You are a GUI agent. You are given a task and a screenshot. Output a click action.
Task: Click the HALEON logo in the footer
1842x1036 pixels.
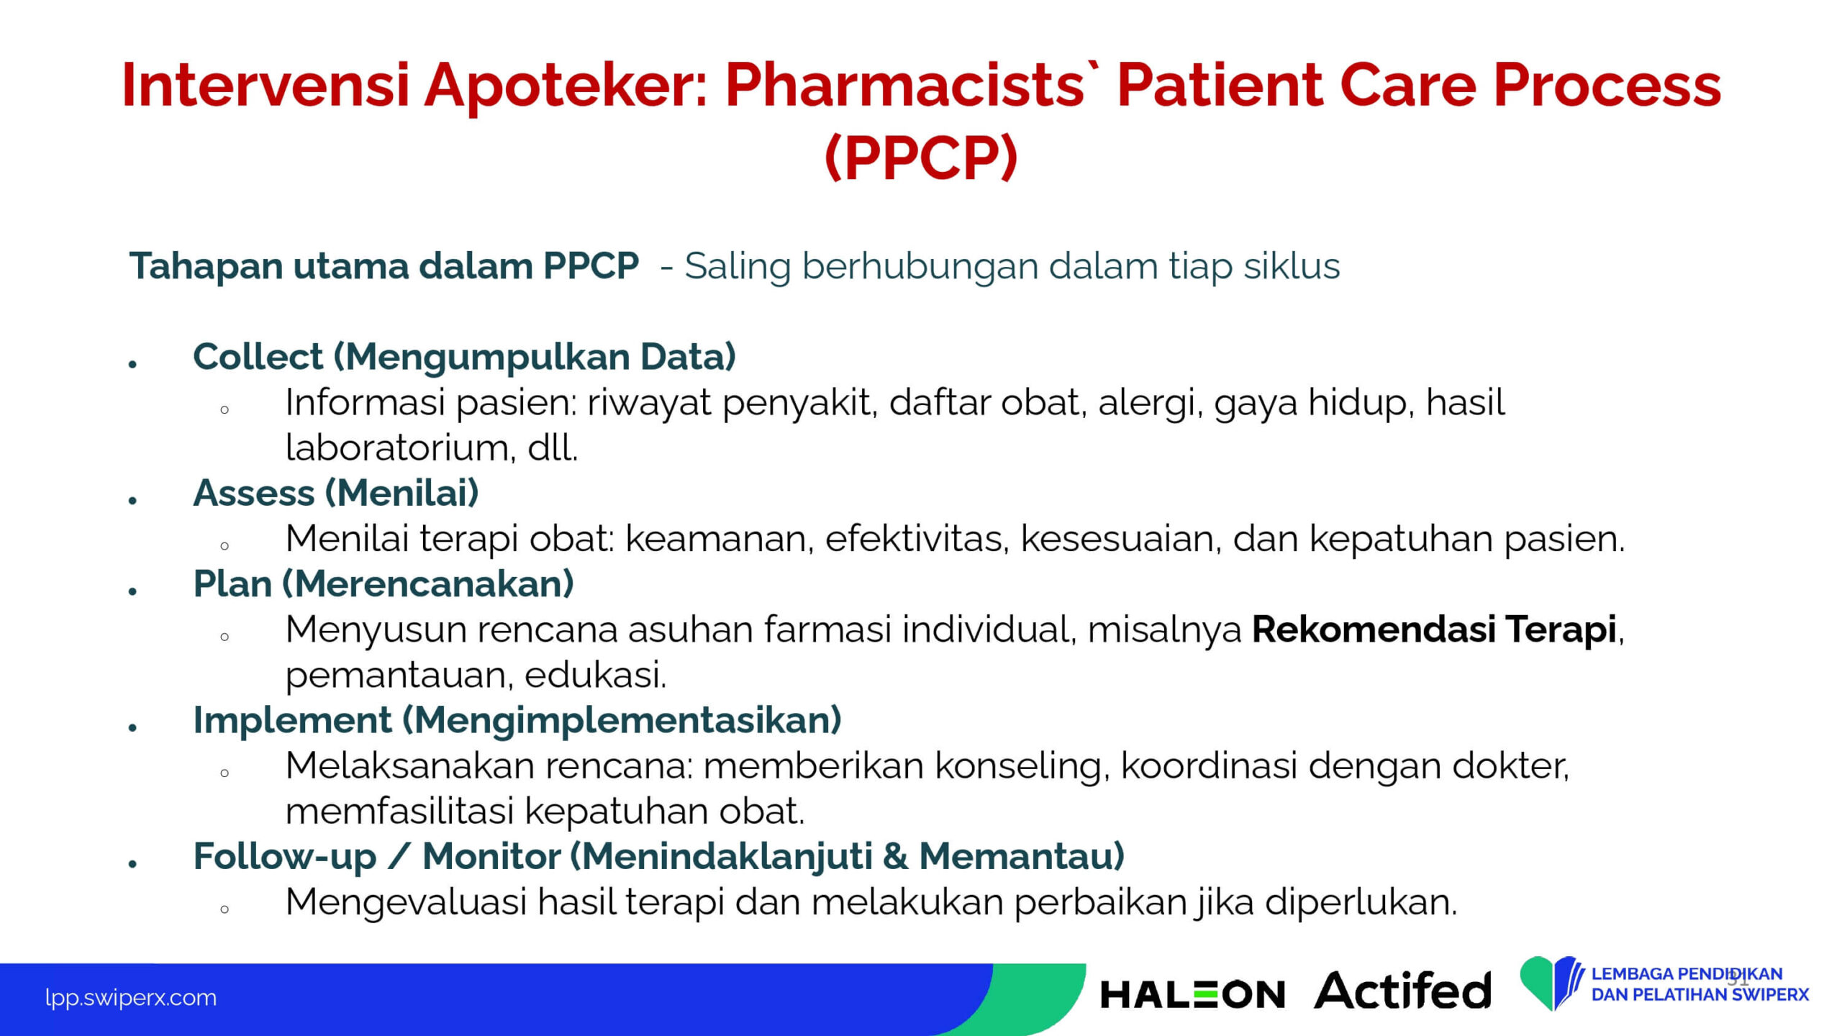coord(1193,994)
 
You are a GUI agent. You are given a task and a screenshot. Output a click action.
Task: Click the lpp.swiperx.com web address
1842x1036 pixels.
coord(131,998)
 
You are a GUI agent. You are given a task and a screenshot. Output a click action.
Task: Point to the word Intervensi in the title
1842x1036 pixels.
coord(265,86)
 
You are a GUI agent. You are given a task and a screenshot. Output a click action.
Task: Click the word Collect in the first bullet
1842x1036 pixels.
coord(258,356)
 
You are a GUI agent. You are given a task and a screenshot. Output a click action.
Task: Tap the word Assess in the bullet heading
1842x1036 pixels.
coord(253,493)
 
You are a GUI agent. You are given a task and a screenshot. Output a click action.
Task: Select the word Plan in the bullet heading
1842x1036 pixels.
coord(232,583)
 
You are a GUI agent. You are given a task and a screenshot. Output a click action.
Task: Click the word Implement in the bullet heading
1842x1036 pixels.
coord(292,721)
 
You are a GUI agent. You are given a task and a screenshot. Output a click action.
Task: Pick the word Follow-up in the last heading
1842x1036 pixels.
coord(284,857)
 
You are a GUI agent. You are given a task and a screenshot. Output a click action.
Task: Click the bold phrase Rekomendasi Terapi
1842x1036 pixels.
coord(1435,630)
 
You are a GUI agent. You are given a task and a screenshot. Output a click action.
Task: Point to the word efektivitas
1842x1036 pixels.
coord(917,538)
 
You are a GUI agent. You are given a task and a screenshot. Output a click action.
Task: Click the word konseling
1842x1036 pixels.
coord(1018,766)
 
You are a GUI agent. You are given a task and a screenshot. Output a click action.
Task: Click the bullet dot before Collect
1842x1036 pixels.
coord(132,365)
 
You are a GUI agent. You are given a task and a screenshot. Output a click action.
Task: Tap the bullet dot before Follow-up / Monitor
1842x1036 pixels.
coord(132,864)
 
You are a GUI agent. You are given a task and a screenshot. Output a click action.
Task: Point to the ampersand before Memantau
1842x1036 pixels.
coord(894,856)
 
